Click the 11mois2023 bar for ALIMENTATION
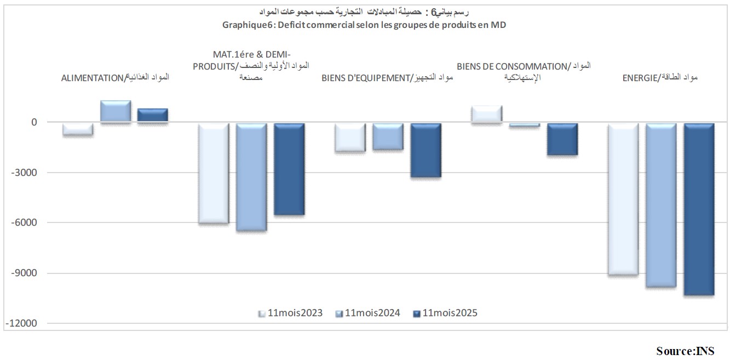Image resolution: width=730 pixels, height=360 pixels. tap(78, 129)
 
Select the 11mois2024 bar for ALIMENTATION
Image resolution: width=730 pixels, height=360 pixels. tap(116, 112)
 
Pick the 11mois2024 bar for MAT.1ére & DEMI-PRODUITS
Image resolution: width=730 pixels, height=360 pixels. tap(251, 177)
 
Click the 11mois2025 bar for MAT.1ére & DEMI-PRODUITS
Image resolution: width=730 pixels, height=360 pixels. tap(289, 169)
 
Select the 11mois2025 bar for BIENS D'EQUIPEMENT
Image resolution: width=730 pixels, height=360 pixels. tap(426, 150)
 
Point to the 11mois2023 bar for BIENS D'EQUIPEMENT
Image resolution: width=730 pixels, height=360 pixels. tap(350, 137)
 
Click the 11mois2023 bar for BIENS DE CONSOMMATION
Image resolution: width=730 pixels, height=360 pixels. tap(486, 114)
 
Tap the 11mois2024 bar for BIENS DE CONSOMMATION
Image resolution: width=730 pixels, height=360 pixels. tap(525, 125)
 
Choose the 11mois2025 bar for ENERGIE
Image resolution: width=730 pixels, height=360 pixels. tap(699, 209)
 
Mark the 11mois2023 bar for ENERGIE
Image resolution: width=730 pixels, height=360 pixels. tap(623, 199)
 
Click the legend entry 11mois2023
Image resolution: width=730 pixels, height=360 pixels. tap(291, 313)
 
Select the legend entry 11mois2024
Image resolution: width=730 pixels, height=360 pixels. tap(368, 313)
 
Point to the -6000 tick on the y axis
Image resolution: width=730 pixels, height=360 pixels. tap(26, 222)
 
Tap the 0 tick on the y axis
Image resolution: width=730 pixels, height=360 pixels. tap(33, 122)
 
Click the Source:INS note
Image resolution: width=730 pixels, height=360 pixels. tap(685, 350)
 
